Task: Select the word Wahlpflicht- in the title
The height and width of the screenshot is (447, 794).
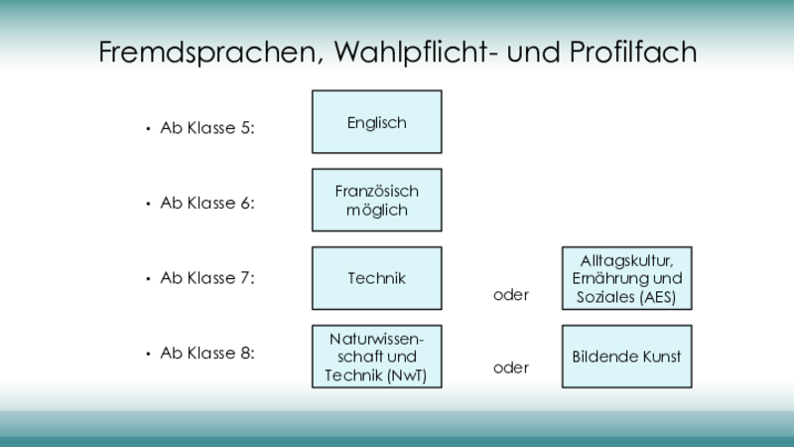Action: pos(416,53)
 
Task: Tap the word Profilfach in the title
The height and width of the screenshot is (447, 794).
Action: pos(633,52)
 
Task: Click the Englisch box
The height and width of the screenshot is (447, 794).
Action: pos(377,122)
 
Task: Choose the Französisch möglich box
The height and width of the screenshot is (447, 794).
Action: pos(377,201)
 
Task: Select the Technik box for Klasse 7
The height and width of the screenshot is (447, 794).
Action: pos(377,278)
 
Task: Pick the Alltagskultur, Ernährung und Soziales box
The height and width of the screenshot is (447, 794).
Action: pos(627,278)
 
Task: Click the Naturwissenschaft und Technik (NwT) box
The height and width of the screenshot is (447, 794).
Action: pos(377,357)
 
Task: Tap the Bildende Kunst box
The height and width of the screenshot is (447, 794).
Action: pos(627,357)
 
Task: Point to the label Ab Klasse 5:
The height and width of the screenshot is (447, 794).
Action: pos(207,128)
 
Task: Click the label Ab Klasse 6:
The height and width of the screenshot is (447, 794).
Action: pos(207,203)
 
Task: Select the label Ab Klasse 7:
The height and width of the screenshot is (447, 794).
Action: pos(207,278)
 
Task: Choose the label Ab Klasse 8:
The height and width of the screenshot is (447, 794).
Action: pos(207,353)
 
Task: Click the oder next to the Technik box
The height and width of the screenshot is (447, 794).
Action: pos(511,294)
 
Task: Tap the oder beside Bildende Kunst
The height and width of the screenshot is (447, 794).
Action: pos(511,368)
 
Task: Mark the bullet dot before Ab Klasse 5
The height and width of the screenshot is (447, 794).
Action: pos(148,129)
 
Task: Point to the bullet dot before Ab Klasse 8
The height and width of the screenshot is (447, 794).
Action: pos(148,354)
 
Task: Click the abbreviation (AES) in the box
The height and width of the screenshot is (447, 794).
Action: pos(658,297)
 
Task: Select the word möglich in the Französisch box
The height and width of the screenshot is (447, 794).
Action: pos(377,211)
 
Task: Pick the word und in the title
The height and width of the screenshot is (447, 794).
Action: pos(533,53)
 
